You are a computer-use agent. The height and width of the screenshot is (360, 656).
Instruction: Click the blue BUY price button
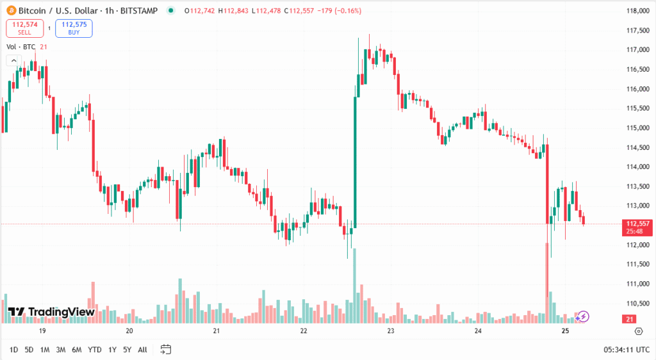(74, 28)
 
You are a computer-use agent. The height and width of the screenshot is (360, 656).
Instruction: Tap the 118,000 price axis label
(638, 11)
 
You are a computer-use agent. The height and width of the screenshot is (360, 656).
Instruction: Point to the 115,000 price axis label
(638, 128)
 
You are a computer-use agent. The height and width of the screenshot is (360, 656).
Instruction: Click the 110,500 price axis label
(638, 304)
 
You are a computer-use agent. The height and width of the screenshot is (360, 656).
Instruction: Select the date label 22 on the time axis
(304, 331)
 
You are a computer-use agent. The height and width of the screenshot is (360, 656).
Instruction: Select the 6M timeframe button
(76, 350)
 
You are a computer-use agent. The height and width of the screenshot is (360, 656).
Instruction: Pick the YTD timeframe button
(94, 350)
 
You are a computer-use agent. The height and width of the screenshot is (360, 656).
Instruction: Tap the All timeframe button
(142, 350)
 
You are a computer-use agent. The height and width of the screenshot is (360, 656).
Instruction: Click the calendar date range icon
(166, 350)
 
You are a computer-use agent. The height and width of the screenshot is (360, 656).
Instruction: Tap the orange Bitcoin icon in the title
(11, 10)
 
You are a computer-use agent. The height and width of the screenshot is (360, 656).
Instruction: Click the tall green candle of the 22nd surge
(354, 160)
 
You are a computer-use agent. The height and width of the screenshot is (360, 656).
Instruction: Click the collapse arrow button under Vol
(12, 60)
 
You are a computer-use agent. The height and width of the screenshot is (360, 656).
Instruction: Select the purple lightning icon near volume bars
(584, 316)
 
